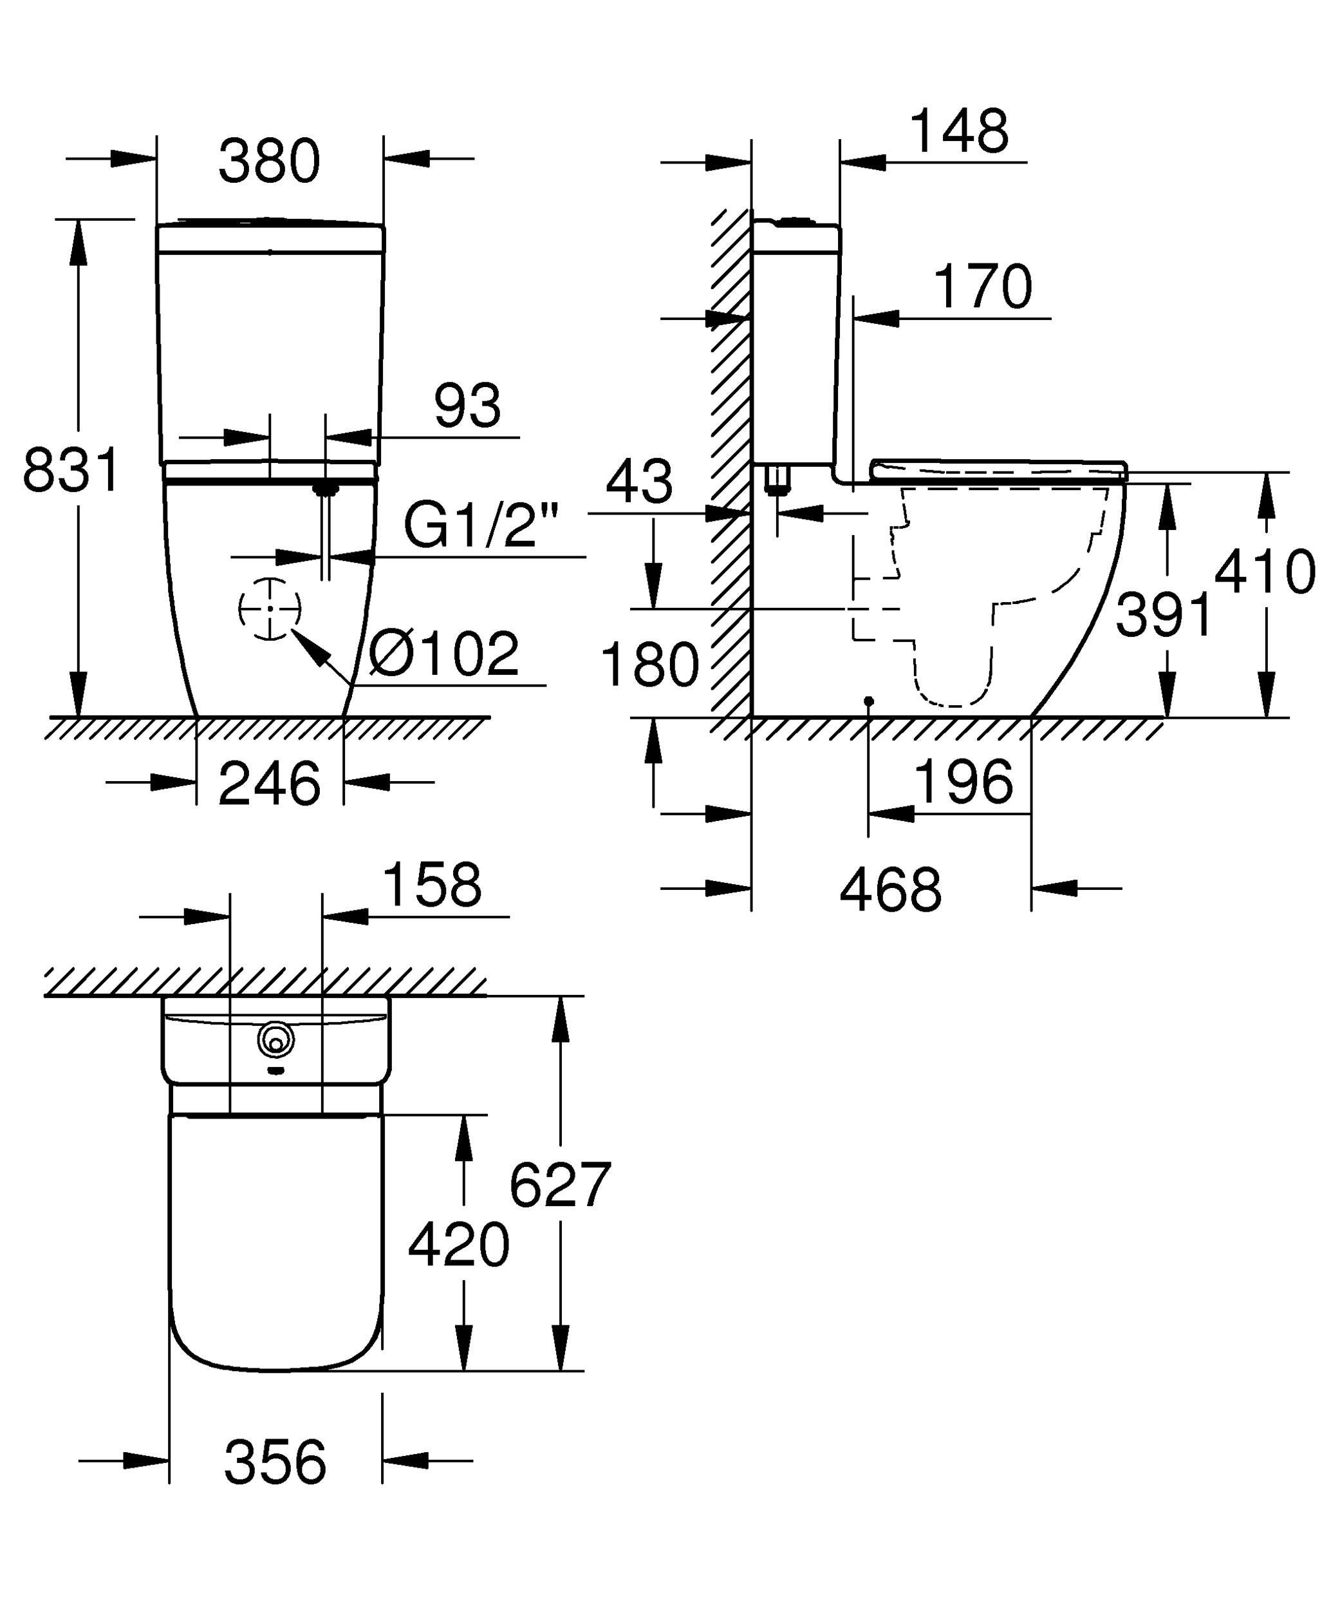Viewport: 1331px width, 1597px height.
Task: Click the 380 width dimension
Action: (269, 161)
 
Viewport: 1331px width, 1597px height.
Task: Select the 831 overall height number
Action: (71, 470)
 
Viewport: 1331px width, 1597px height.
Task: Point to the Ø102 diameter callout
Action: (445, 653)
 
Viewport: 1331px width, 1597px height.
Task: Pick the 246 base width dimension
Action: (269, 784)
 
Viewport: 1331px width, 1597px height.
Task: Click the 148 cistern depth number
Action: (959, 131)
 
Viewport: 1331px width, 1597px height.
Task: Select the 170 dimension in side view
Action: (983, 287)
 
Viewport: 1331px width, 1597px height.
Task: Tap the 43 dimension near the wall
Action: (639, 482)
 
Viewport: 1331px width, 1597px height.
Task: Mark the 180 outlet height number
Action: (649, 665)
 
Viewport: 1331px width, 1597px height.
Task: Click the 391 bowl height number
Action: (1164, 614)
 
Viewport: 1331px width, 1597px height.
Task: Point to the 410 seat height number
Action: (1265, 571)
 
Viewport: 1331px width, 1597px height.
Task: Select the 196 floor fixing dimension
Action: (964, 782)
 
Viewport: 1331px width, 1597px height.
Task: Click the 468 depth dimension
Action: (890, 890)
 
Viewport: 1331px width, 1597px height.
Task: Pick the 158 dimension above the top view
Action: (432, 884)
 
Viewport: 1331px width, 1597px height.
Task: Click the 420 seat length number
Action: (458, 1245)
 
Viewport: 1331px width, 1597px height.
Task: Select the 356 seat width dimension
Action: (275, 1462)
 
